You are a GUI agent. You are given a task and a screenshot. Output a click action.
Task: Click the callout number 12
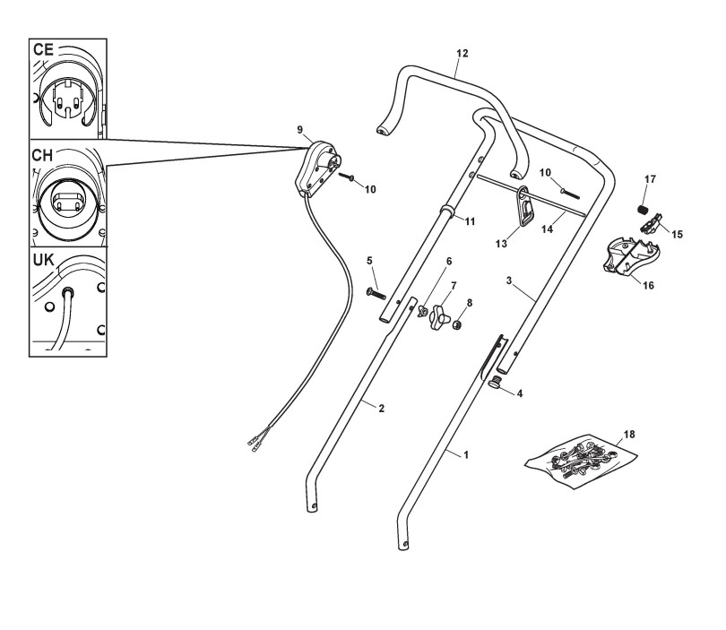(461, 53)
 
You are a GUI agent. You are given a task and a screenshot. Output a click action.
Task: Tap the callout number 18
(628, 434)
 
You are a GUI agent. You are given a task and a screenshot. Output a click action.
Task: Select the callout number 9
(300, 129)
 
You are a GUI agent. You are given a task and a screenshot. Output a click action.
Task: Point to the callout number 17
(650, 179)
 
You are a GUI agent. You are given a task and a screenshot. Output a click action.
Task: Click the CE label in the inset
(44, 49)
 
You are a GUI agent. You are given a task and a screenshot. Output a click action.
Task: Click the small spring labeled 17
(642, 209)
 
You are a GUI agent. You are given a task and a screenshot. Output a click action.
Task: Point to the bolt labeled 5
(376, 293)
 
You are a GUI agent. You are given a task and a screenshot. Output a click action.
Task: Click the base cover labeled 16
(633, 258)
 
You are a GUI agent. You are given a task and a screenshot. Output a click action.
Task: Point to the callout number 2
(381, 409)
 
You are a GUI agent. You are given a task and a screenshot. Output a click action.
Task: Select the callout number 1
(465, 455)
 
